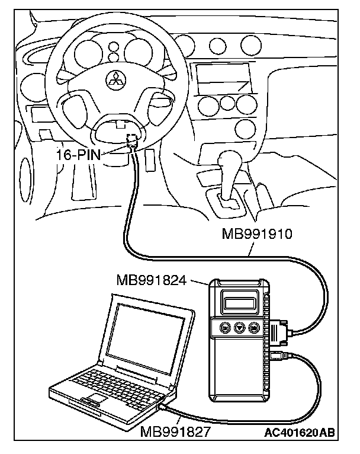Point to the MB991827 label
tap(175, 431)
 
